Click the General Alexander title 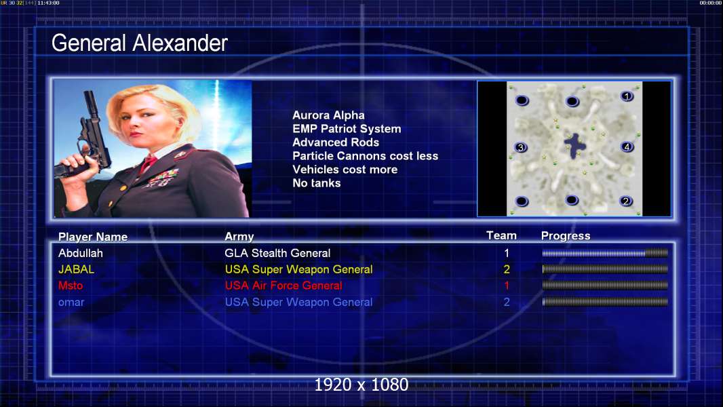point(139,43)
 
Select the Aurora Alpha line point(328,115)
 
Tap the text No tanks point(316,183)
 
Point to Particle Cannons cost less point(365,156)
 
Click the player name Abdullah point(81,253)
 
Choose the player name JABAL point(76,269)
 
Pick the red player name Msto point(71,286)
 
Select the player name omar point(71,303)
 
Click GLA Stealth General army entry point(277,253)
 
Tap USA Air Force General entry point(284,286)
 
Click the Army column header point(239,237)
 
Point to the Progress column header point(566,236)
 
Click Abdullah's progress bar point(605,252)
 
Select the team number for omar point(507,302)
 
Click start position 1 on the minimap point(627,96)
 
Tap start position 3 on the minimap point(521,147)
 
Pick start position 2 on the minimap point(626,201)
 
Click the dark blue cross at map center point(575,146)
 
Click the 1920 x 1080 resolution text point(361,385)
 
